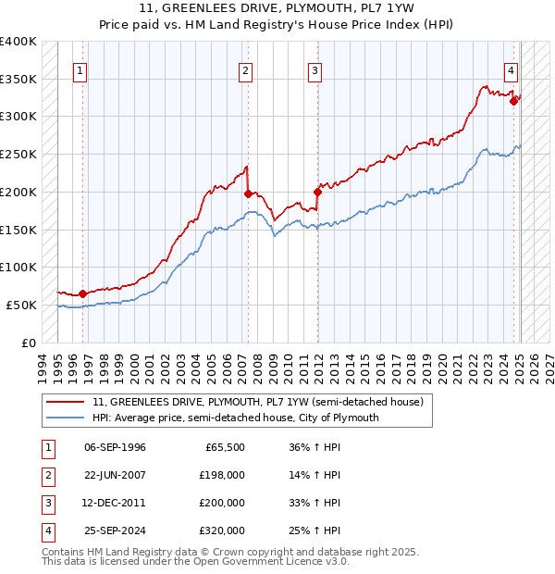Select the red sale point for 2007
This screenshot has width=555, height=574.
pos(248,193)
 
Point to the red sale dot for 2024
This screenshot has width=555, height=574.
pos(513,101)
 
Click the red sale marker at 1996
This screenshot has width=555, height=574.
pos(82,293)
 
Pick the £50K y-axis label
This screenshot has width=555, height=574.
pos(22,305)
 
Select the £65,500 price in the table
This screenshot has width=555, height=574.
pos(224,447)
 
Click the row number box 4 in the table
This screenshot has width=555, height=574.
pos(47,530)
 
